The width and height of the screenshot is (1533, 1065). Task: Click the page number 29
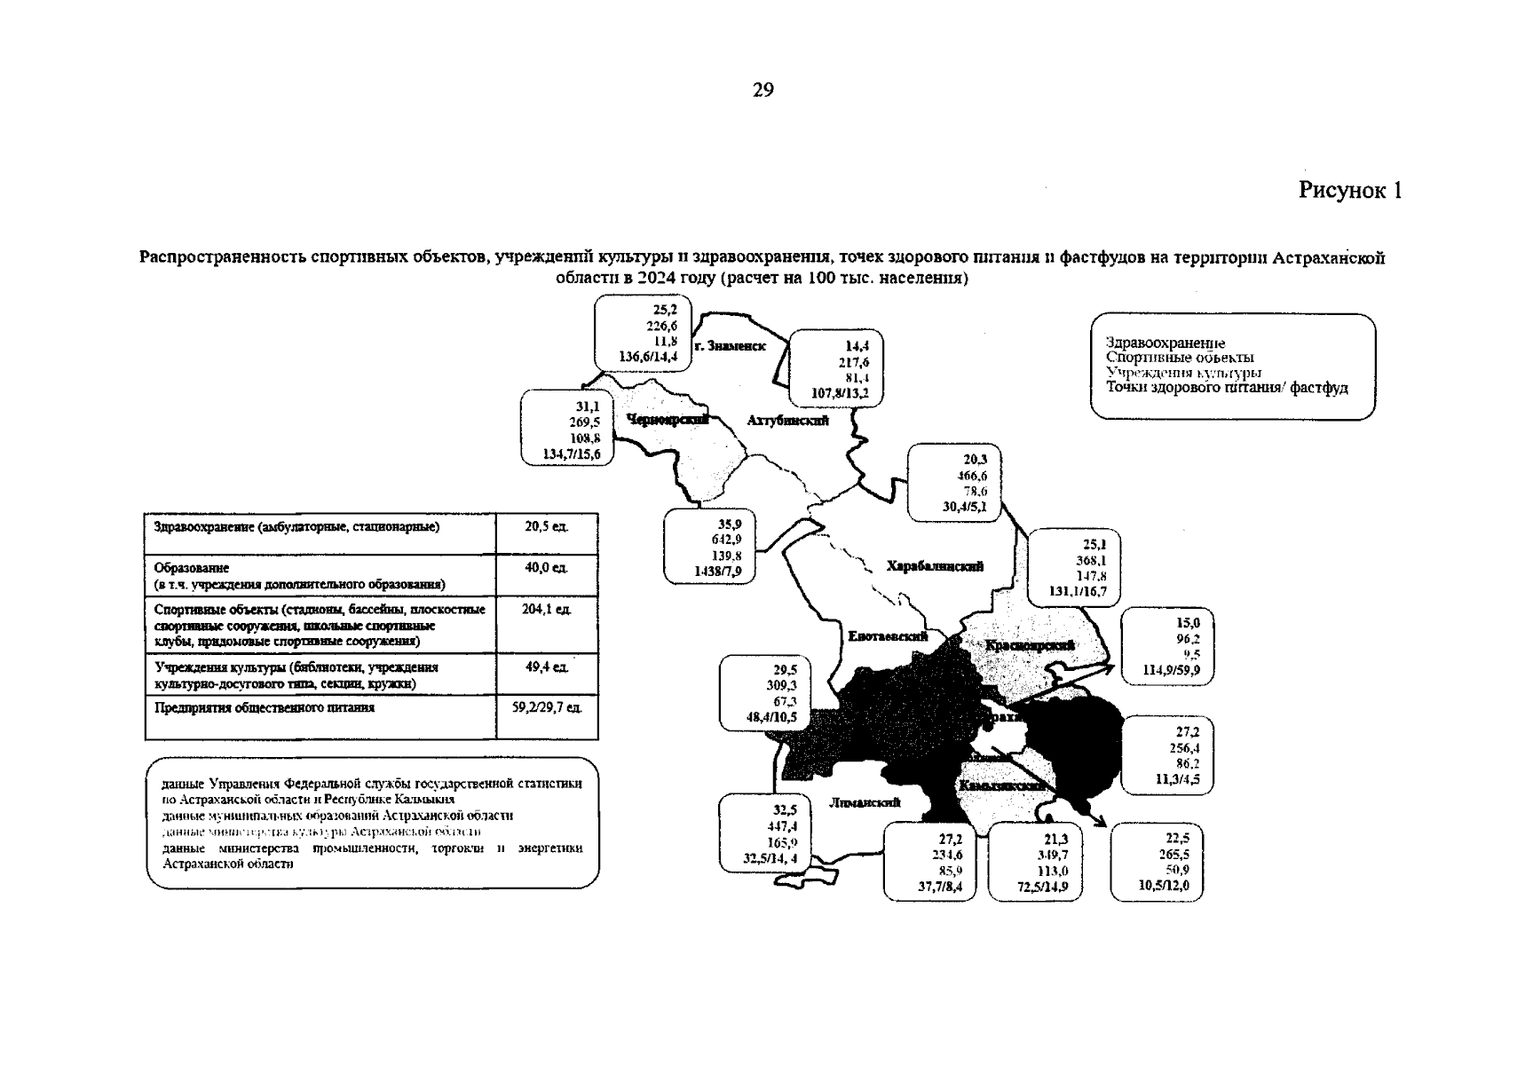763,91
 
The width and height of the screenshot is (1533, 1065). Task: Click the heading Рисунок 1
1350,191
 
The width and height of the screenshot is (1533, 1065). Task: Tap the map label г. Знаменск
731,346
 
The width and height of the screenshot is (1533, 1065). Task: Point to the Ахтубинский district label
787,421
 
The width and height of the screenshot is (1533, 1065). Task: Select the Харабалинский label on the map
935,566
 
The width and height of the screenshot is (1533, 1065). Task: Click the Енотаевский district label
888,636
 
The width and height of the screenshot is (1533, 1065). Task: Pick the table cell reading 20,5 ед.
546,526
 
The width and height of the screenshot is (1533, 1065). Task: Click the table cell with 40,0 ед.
546,568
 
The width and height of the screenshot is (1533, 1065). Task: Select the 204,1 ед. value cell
546,610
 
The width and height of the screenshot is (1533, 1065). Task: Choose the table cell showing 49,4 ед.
546,667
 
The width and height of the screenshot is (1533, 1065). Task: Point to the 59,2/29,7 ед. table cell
547,708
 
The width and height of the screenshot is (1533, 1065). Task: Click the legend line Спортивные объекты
1180,358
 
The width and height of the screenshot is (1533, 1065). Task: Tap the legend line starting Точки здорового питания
1226,388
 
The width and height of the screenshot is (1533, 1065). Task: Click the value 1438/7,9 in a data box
717,572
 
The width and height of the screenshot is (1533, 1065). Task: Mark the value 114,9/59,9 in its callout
1172,670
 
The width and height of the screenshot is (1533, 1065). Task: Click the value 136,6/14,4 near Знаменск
648,357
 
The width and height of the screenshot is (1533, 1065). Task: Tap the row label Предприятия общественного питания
265,708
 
